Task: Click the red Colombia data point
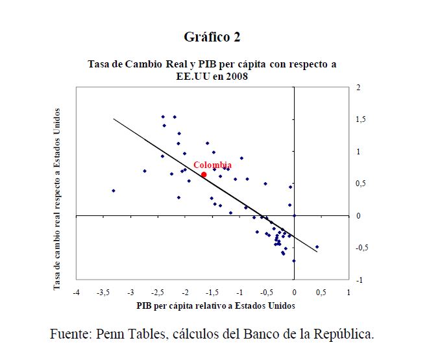pos(204,174)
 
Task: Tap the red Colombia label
pos(212,165)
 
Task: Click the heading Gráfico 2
pos(212,37)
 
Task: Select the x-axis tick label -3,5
pos(103,293)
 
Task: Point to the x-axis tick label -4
pos(76,293)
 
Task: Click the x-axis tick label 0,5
pos(321,293)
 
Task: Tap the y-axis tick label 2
pos(358,88)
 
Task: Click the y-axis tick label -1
pos(357,280)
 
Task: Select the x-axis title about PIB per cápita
pos(215,305)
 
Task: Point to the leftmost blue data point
pos(114,191)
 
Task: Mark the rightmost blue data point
pos(317,247)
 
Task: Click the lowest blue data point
pos(294,261)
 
